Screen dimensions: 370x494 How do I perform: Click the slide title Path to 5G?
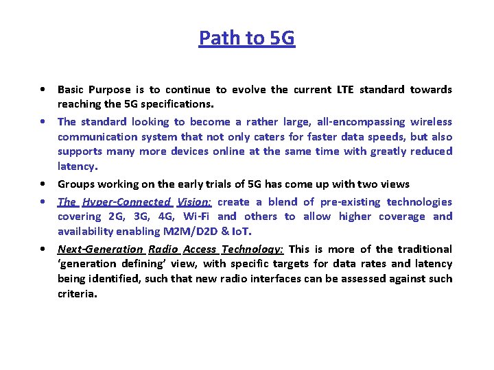click(247, 38)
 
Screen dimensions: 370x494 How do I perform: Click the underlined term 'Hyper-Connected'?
click(126, 201)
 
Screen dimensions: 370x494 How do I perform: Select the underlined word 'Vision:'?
click(195, 201)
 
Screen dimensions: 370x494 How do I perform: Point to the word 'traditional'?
click(425, 249)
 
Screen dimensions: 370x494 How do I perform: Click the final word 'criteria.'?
click(78, 293)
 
